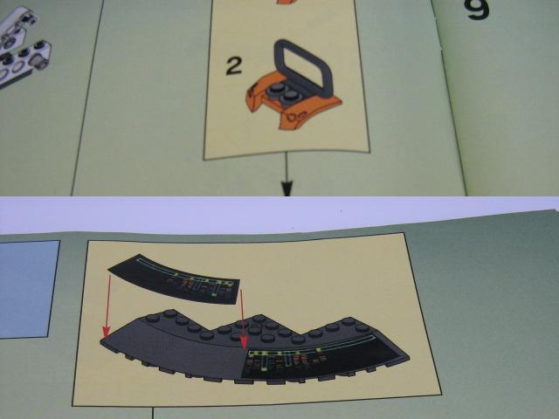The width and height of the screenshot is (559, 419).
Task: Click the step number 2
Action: click(x=234, y=66)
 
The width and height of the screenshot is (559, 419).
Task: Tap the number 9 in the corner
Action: click(x=477, y=8)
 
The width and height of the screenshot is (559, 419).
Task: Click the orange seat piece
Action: click(x=293, y=103)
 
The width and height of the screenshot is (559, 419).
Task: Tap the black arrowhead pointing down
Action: click(x=287, y=189)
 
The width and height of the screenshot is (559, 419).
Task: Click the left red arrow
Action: click(x=107, y=306)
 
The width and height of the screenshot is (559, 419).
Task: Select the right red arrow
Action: click(x=243, y=319)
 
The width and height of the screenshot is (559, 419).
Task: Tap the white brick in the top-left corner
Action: click(x=21, y=46)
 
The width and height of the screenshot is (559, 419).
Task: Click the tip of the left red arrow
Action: click(x=106, y=338)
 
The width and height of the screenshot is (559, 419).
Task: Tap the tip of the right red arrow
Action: click(x=245, y=349)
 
